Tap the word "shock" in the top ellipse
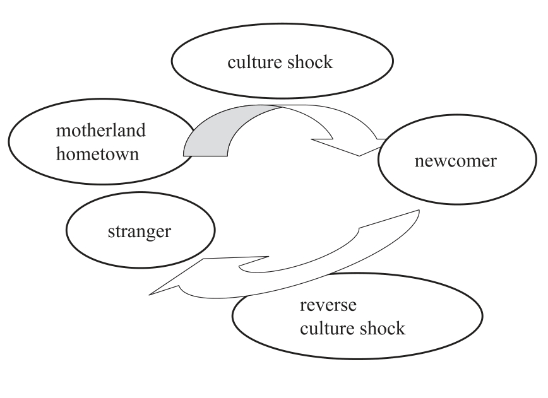click(309, 63)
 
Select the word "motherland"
click(100, 131)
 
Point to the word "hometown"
click(97, 154)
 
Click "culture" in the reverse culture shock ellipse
click(326, 329)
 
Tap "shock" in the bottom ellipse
click(381, 329)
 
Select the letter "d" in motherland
click(141, 131)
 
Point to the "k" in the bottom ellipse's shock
click(400, 329)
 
